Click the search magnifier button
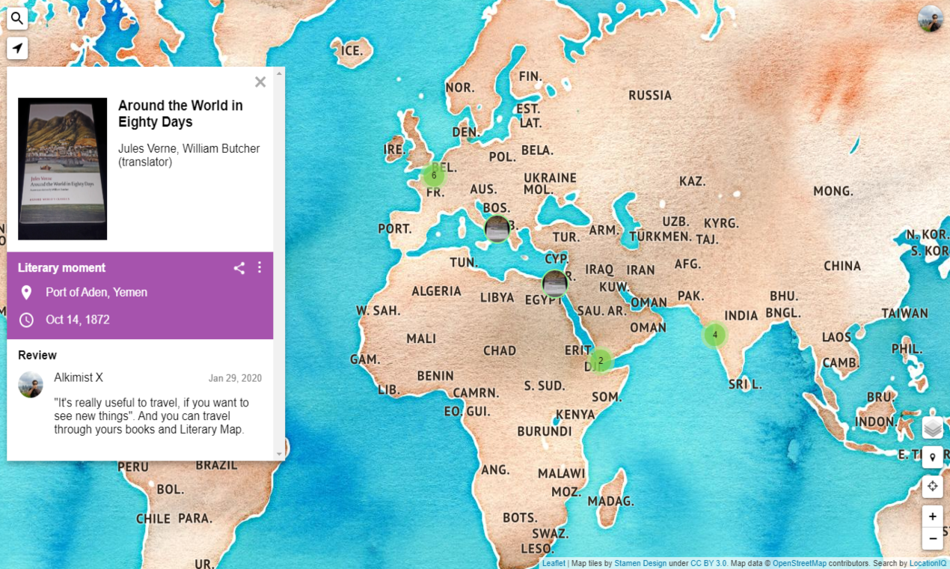17,19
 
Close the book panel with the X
260,82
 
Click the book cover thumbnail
63,168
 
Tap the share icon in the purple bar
239,268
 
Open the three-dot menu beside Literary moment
260,268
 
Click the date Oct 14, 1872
78,320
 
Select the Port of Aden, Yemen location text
96,292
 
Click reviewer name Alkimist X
79,377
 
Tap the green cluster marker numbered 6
434,175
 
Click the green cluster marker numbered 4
715,335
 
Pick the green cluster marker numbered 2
600,361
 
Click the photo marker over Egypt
554,284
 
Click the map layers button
932,427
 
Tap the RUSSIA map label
650,95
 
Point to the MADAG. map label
610,501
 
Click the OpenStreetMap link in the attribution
799,563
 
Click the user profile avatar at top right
931,19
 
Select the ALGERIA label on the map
436,290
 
